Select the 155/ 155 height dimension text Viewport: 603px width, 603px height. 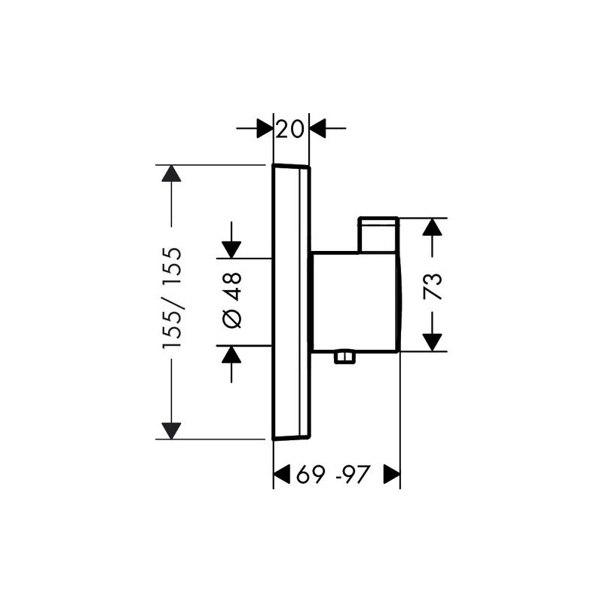pos(172,298)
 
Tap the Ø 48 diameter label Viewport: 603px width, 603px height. pos(232,300)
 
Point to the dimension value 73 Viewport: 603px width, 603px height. pos(432,286)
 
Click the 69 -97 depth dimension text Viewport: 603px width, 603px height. pos(333,474)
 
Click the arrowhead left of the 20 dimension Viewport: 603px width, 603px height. pos(265,128)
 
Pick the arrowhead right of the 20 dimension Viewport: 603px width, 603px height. pos(317,128)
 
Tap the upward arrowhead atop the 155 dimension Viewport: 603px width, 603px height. pos(171,173)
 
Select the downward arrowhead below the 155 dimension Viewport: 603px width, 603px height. pos(171,430)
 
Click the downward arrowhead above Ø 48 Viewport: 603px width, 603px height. pos(231,250)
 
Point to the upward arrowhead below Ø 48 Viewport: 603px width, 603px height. pos(231,354)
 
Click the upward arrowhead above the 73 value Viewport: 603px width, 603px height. pos(432,227)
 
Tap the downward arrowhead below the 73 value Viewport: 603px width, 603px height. pos(432,343)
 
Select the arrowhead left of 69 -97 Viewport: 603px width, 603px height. pos(281,474)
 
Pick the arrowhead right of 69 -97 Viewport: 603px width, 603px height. pos(392,474)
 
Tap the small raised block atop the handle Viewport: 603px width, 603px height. pos(378,235)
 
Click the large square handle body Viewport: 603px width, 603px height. pos(356,302)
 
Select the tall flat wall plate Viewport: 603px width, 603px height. pos(291,302)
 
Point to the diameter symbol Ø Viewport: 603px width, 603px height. pos(232,319)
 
